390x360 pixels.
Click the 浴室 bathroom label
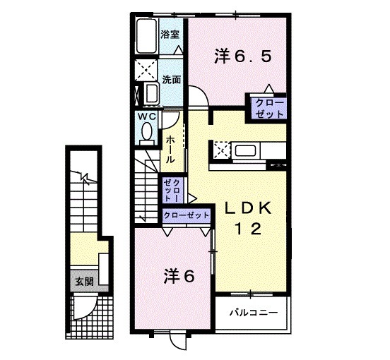point(170,35)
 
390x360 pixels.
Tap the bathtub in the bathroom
point(147,36)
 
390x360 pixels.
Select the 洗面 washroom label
point(172,80)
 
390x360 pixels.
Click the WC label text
point(147,116)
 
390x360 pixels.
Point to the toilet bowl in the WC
point(147,132)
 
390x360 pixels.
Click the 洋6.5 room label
point(242,57)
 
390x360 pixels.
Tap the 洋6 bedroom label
point(179,276)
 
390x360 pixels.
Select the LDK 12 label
point(248,219)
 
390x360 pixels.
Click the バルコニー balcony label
point(253,312)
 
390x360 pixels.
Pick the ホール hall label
point(170,150)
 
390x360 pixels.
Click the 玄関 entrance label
point(85,282)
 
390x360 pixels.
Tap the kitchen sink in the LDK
point(245,151)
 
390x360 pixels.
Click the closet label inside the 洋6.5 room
point(270,109)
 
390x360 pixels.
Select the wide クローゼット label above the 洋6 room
point(187,215)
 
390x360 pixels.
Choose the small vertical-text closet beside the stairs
point(172,191)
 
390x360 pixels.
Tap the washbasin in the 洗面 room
point(151,94)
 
